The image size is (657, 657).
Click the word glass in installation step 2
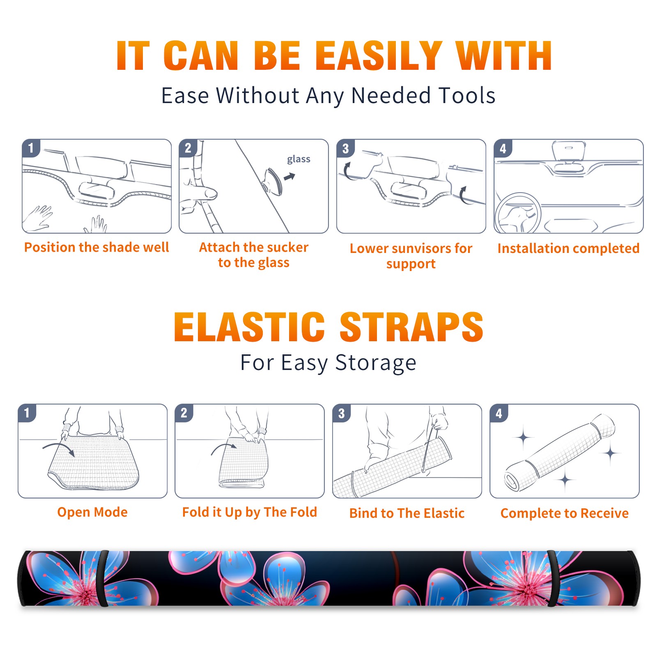299,159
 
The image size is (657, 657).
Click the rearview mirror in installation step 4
569,151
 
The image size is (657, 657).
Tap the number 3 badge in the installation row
345,148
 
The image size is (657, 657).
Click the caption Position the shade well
96,247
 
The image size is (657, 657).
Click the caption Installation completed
568,248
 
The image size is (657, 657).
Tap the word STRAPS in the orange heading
411,327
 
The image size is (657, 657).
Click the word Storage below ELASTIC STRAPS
376,363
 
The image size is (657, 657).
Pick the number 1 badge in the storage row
27,413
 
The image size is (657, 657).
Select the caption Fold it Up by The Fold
250,512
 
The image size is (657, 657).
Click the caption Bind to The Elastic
407,513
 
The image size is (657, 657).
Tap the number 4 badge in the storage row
499,413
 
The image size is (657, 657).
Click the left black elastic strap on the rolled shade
103,578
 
